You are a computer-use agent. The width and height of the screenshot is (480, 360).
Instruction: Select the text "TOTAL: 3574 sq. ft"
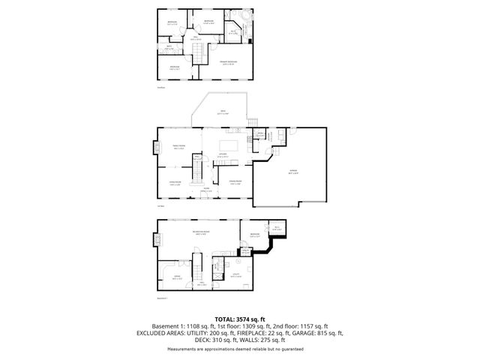point(239,319)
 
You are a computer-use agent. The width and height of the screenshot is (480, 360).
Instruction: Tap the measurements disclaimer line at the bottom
point(239,349)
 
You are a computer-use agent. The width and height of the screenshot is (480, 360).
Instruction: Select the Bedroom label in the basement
point(253,235)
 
